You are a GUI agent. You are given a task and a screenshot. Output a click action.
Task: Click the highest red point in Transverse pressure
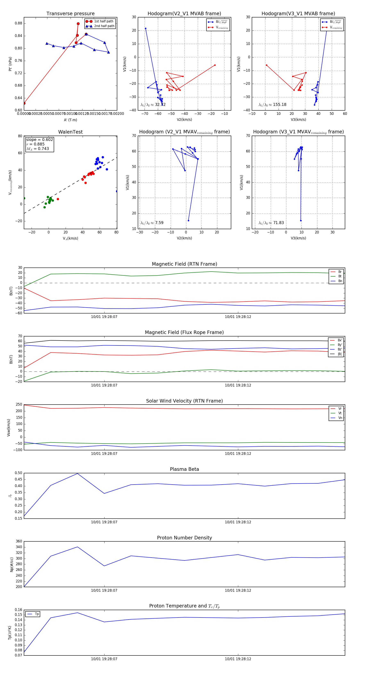click(x=78, y=24)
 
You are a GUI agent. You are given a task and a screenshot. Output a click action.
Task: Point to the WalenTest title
click(x=70, y=132)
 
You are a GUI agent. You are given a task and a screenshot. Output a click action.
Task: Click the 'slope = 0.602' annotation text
click(x=39, y=140)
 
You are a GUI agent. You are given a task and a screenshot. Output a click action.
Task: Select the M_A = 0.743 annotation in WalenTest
click(x=38, y=149)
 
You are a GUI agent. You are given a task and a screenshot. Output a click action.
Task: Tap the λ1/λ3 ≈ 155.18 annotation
click(x=272, y=105)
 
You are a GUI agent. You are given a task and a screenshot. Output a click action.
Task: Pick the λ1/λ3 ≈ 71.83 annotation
click(x=271, y=223)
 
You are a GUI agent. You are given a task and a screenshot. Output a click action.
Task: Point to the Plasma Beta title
click(x=184, y=469)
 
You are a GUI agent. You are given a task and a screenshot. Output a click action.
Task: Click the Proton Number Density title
click(x=184, y=538)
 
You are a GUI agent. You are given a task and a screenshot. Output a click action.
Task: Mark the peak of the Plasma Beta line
click(x=77, y=473)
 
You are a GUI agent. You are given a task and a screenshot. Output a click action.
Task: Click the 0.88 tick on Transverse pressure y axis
click(x=18, y=23)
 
